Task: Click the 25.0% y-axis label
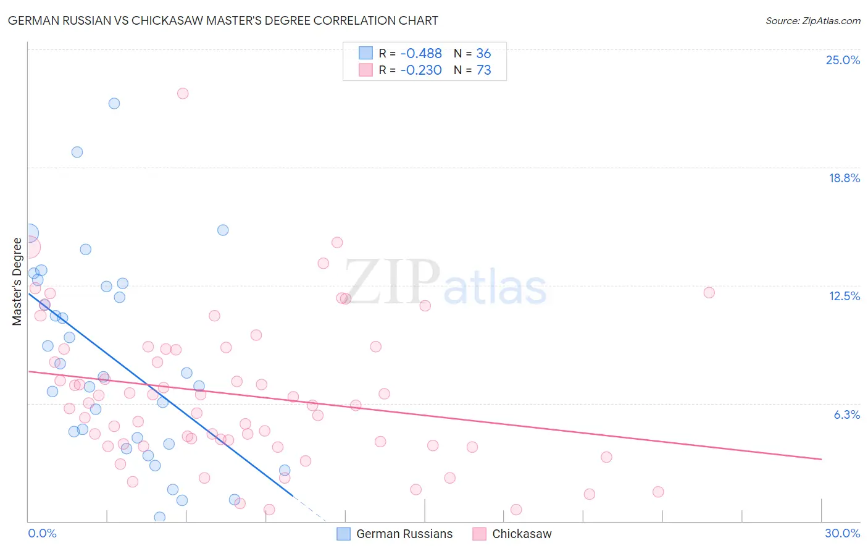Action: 843,60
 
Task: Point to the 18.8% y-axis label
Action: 844,178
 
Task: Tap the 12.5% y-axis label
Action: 844,296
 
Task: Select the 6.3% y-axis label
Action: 846,414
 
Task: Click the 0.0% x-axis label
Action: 42,533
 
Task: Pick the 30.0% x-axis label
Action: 842,533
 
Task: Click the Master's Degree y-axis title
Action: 17,281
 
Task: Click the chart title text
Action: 223,20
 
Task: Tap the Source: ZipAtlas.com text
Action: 812,20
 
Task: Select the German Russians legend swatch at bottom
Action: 344,534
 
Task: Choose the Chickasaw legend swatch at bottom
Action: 480,534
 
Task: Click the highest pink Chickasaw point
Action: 183,93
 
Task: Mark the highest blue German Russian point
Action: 114,103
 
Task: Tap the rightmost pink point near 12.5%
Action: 709,293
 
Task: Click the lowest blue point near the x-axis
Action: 160,517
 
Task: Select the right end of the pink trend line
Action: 821,459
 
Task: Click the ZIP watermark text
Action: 392,282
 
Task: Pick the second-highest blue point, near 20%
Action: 77,152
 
